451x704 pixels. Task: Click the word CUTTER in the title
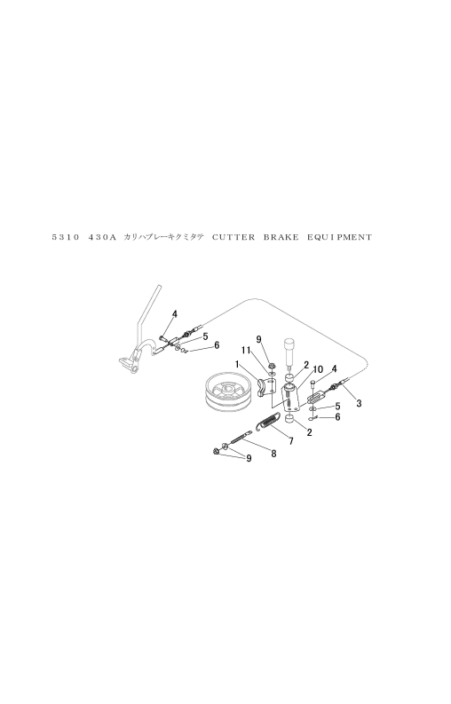tap(233, 237)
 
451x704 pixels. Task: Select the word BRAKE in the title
tap(281, 237)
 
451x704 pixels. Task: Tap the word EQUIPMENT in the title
tap(340, 237)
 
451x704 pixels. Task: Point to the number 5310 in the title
tap(66, 237)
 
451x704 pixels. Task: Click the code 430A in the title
tap(102, 237)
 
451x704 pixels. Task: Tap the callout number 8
tap(273, 454)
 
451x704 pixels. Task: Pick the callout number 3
tap(359, 404)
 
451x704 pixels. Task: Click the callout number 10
tap(317, 369)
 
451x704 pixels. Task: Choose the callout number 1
tap(236, 363)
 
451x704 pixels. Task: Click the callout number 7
tap(291, 441)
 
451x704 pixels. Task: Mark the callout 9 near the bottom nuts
tap(249, 458)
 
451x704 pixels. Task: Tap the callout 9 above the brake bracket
tap(258, 339)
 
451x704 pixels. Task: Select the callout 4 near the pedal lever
tap(175, 314)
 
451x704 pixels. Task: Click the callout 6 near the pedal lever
tap(217, 345)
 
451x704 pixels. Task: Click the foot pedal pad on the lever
tap(125, 361)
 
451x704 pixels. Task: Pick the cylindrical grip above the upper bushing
tap(289, 348)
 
